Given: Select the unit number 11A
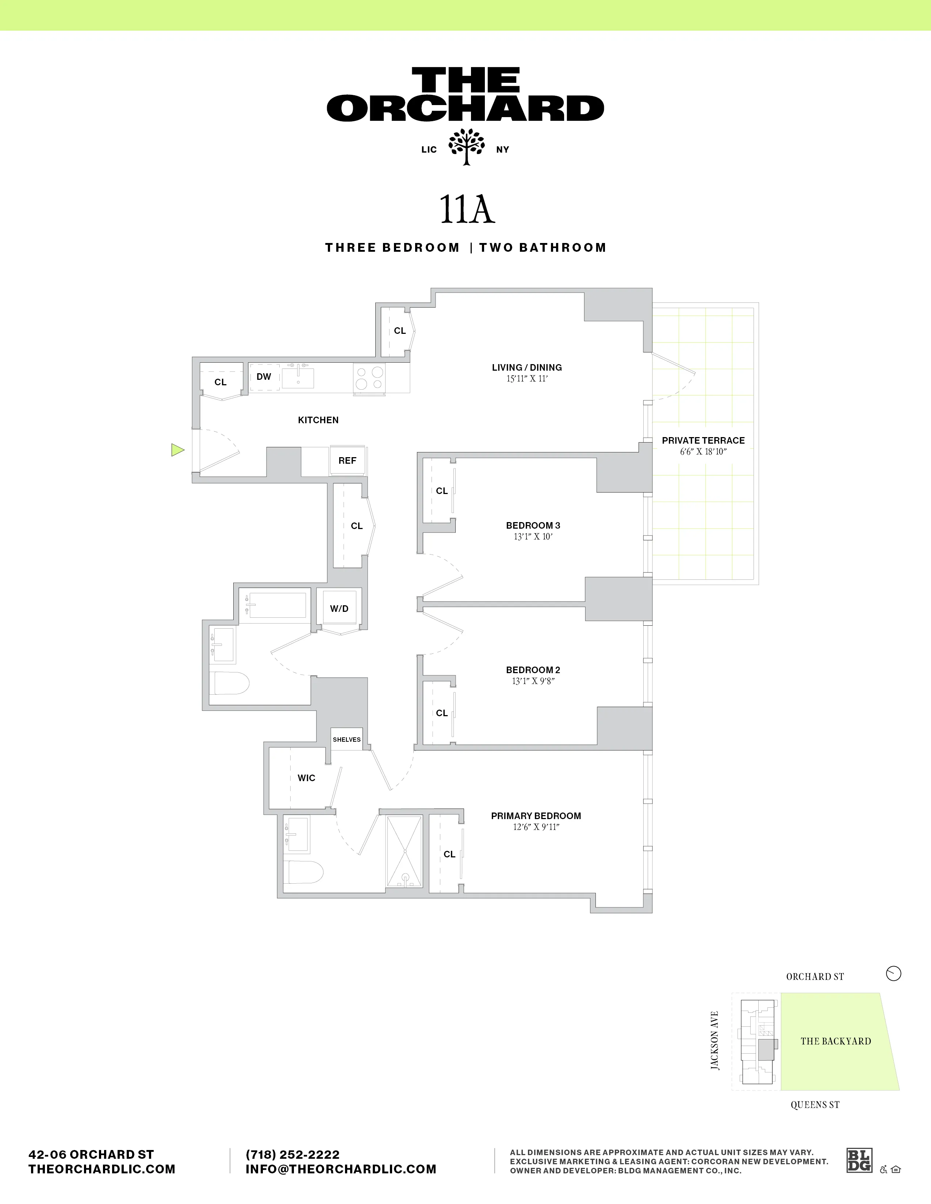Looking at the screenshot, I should point(467,209).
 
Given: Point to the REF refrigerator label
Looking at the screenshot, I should point(347,460).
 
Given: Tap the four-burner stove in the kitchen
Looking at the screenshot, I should point(369,378).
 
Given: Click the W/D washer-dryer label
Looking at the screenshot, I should point(339,609).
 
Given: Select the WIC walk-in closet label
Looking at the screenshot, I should point(306,778).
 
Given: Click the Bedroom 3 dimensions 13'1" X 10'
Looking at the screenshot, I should point(533,536).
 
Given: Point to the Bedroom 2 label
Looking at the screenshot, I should point(533,670).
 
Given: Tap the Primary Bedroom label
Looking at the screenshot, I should point(536,816).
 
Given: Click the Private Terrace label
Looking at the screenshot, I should point(703,440).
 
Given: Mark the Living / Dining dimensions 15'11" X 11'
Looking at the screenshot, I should point(527,379).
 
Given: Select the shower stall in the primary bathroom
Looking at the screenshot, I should point(404,852).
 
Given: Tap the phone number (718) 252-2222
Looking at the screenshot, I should point(292,1154).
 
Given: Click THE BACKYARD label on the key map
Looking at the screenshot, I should point(836,1041).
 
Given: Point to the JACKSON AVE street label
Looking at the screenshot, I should point(715,1040).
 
